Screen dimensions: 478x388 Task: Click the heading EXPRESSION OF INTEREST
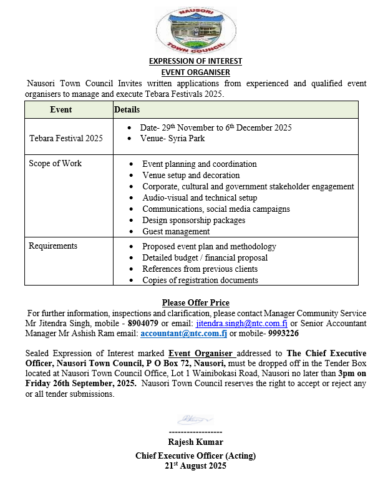195,61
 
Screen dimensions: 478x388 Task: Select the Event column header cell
61,110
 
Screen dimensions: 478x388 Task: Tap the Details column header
127,110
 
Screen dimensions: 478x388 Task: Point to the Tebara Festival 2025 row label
66,138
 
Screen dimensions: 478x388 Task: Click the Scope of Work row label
56,164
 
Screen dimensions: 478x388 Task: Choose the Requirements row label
53,246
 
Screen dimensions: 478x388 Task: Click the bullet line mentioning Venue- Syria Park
172,139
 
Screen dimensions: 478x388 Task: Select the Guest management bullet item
176,232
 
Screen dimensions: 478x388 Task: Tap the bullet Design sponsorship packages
193,221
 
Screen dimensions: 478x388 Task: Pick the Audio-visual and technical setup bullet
200,198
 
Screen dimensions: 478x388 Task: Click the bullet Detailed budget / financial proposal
205,258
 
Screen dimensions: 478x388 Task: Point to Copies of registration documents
200,281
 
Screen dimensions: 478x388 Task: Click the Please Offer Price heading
195,303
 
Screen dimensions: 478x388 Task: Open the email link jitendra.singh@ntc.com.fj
241,324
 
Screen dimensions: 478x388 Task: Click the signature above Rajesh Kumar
195,420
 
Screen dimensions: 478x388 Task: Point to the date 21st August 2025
195,466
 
